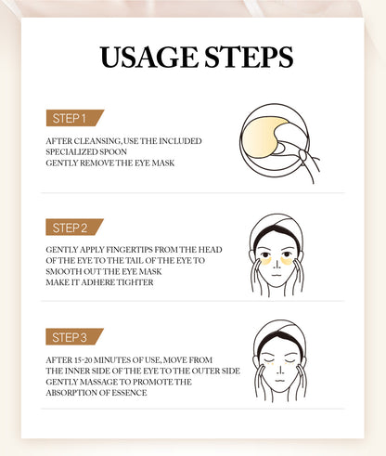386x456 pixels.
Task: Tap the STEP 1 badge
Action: (72, 118)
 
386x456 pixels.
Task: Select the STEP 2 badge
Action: (72, 228)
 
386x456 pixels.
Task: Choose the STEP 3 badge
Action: (72, 336)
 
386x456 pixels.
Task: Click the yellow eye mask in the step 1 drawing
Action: (269, 131)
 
